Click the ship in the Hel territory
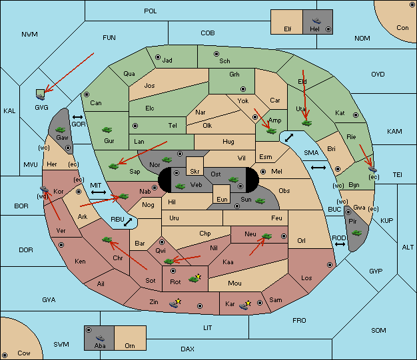(316, 21)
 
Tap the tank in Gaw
(61, 130)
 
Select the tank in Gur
(107, 130)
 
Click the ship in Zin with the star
(174, 304)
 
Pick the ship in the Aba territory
(100, 338)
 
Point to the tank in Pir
(356, 233)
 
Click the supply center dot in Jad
(158, 57)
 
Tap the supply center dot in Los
(330, 265)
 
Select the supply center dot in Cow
(5, 355)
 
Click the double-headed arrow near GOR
(77, 117)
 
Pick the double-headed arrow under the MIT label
(99, 192)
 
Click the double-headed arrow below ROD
(340, 244)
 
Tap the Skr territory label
(195, 172)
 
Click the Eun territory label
(222, 199)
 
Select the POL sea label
(151, 11)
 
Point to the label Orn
(130, 345)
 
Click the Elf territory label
(288, 29)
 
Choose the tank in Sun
(260, 201)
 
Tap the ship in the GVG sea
(41, 97)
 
